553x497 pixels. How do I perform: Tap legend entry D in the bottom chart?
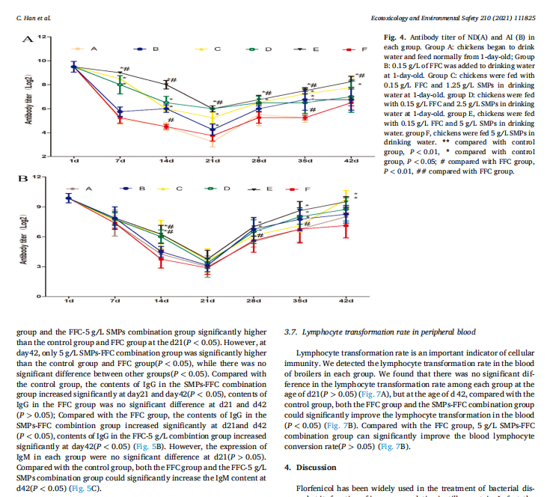(227, 188)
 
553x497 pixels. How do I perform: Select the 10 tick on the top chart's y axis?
(46, 61)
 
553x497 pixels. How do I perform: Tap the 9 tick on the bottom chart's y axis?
(47, 207)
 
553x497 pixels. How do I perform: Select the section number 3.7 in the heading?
(292, 332)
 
